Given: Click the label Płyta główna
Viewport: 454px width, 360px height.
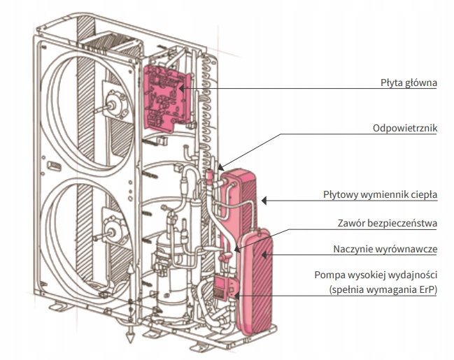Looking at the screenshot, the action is click(409, 82).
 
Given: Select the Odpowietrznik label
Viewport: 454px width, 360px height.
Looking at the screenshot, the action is click(405, 128).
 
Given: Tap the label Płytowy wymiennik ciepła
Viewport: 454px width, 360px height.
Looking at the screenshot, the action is click(380, 194).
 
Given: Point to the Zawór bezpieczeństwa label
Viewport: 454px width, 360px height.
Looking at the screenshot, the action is click(387, 224).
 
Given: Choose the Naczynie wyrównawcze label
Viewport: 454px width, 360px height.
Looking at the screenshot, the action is click(385, 249).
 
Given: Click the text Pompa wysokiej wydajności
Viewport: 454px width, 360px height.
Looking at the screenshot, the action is click(376, 275).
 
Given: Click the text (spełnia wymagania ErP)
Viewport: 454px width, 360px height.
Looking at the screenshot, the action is click(383, 289).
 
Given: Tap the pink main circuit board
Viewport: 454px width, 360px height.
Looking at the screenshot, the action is click(166, 99).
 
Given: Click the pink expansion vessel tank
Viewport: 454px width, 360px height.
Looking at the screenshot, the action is click(255, 281).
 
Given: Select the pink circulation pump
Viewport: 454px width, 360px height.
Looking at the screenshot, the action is click(224, 287).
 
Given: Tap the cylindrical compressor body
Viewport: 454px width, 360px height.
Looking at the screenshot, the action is click(171, 275).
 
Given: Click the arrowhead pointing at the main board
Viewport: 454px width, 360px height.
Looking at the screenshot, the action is click(181, 88).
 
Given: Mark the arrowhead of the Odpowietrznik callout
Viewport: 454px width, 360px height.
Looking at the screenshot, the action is click(221, 167).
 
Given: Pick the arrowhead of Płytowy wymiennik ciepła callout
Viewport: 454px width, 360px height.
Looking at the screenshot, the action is click(264, 201).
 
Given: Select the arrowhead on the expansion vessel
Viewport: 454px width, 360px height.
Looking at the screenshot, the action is click(264, 255).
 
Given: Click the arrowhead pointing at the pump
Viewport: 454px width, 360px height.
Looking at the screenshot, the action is click(236, 296).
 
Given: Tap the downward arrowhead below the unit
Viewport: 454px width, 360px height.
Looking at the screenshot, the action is click(130, 337).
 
